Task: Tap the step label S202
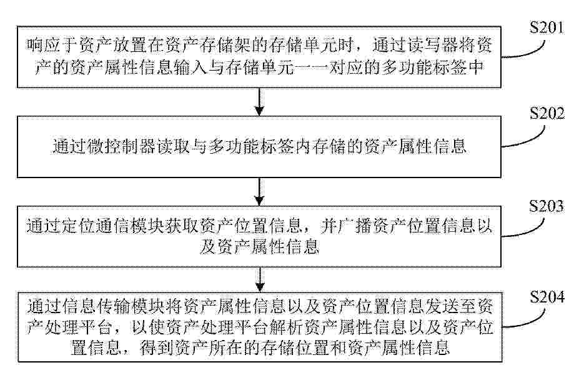[x=548, y=114]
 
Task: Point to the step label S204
[x=548, y=297]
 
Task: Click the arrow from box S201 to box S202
[x=259, y=102]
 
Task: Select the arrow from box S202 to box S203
[x=259, y=192]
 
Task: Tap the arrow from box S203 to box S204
[x=260, y=280]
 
